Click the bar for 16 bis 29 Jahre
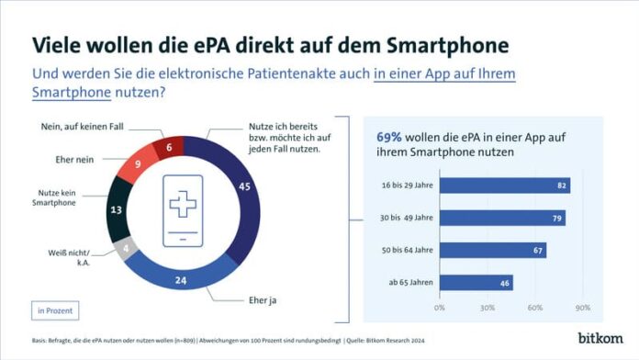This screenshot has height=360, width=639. pyautogui.click(x=504, y=186)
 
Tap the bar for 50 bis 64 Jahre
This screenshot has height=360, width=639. pyautogui.click(x=492, y=250)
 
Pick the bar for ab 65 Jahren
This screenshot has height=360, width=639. pyautogui.click(x=476, y=282)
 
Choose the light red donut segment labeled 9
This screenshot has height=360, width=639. pyautogui.click(x=136, y=166)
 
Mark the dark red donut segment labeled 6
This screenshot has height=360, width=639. pyautogui.click(x=169, y=146)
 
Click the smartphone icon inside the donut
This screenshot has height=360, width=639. pyautogui.click(x=182, y=209)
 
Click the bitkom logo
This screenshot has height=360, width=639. pyautogui.click(x=600, y=337)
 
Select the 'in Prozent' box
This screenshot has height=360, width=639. pyautogui.click(x=55, y=310)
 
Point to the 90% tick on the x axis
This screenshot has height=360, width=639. pyautogui.click(x=582, y=307)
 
